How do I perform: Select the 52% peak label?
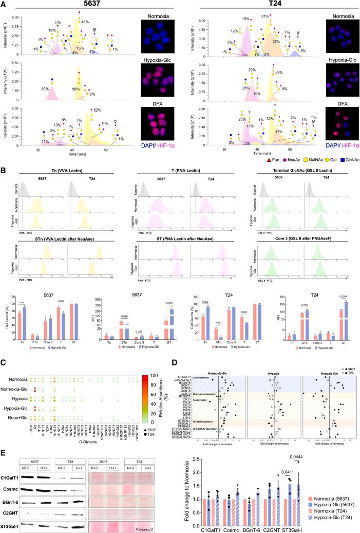click(x=97, y=110)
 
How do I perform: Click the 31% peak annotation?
click(x=266, y=16)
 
